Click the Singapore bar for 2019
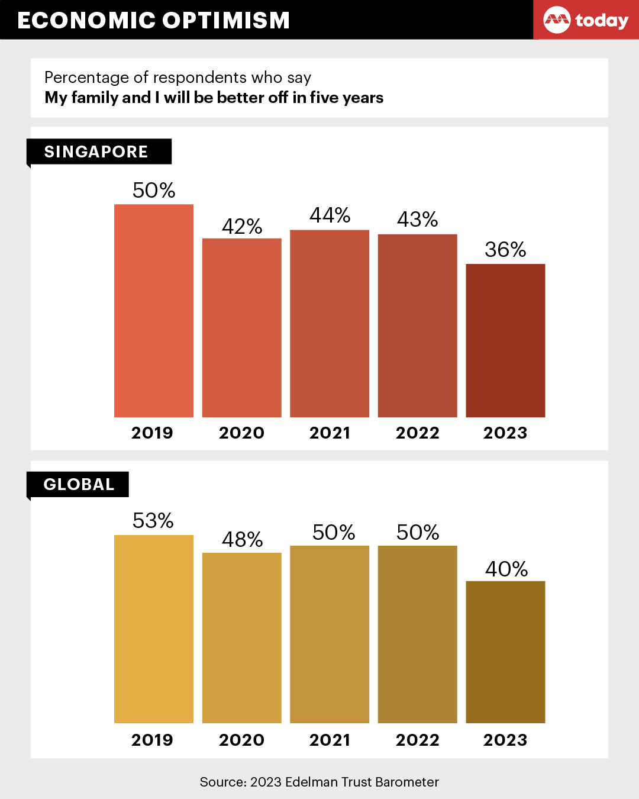pos(154,311)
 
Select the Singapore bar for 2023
pos(505,340)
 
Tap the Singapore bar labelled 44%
pos(330,323)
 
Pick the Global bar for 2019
pos(154,629)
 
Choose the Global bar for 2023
pos(505,652)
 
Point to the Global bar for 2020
pos(241,637)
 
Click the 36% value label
pos(505,250)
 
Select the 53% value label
pos(153,521)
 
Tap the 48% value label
pos(242,540)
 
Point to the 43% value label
pos(418,220)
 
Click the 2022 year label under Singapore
pos(418,433)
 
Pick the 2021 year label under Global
pos(330,740)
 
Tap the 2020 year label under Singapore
pos(241,433)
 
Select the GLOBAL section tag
pos(78,485)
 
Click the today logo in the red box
pos(586,21)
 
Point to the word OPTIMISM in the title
pos(226,21)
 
